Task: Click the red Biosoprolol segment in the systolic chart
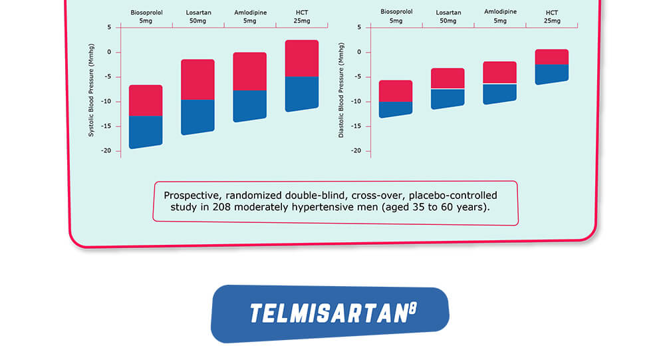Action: pyautogui.click(x=146, y=100)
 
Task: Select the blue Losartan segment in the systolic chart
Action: pyautogui.click(x=198, y=116)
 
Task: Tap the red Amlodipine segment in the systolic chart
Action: pyautogui.click(x=249, y=71)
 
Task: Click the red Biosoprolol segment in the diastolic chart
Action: pyautogui.click(x=396, y=91)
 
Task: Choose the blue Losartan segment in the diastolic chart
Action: pyautogui.click(x=448, y=98)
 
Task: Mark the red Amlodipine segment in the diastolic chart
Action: pyautogui.click(x=499, y=72)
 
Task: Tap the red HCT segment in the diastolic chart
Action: pyautogui.click(x=551, y=57)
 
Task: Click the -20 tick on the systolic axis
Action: pyautogui.click(x=106, y=151)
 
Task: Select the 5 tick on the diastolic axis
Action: pyautogui.click(x=359, y=27)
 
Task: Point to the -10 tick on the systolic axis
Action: pyautogui.click(x=106, y=102)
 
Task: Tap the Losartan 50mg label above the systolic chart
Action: pyautogui.click(x=198, y=17)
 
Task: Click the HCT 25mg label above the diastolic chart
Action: pyautogui.click(x=551, y=17)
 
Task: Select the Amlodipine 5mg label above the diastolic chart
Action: pyautogui.click(x=499, y=17)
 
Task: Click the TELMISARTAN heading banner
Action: pyautogui.click(x=329, y=313)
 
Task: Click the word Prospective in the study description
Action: pyautogui.click(x=192, y=195)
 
